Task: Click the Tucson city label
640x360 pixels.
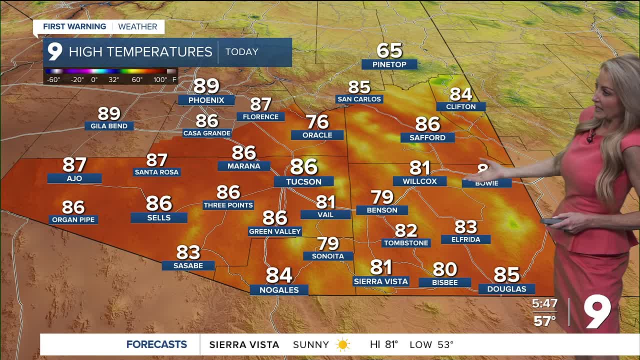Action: pos(303,181)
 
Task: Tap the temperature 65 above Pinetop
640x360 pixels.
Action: pos(389,50)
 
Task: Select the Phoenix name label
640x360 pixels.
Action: pos(206,100)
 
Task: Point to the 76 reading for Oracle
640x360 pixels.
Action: pos(317,121)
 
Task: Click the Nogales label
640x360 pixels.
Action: pos(279,290)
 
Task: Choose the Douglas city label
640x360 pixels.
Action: pos(506,289)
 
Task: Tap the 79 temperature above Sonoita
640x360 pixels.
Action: pos(328,243)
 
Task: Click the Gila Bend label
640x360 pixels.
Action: pos(109,126)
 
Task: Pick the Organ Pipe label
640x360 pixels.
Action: pos(73,219)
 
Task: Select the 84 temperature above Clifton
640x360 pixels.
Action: pos(460,94)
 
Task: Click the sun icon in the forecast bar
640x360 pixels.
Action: pos(343,344)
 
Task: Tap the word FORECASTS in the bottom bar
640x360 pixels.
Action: pos(156,344)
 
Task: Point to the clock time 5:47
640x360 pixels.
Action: pos(544,303)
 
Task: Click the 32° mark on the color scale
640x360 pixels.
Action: pos(113,79)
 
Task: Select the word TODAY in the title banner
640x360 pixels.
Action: pos(241,52)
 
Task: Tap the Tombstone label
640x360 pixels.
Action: pos(406,243)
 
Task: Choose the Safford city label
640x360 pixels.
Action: pos(427,137)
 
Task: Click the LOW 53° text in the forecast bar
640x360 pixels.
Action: pos(431,344)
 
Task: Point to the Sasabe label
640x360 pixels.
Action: pos(188,265)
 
